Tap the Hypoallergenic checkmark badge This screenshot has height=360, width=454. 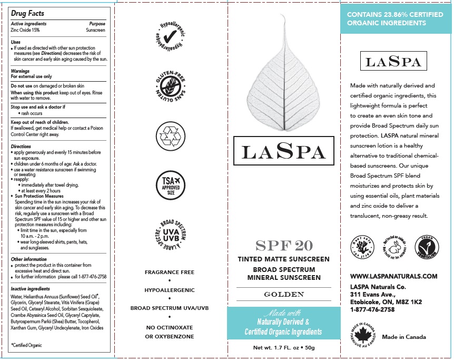(x=170, y=36)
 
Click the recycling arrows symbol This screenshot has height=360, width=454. (x=170, y=135)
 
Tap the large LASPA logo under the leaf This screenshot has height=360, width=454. (x=283, y=152)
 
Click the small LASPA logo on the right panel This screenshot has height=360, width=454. (x=393, y=62)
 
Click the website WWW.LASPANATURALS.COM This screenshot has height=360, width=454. (x=394, y=276)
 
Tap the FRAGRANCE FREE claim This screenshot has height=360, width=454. (x=170, y=272)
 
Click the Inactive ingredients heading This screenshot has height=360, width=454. (x=31, y=289)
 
